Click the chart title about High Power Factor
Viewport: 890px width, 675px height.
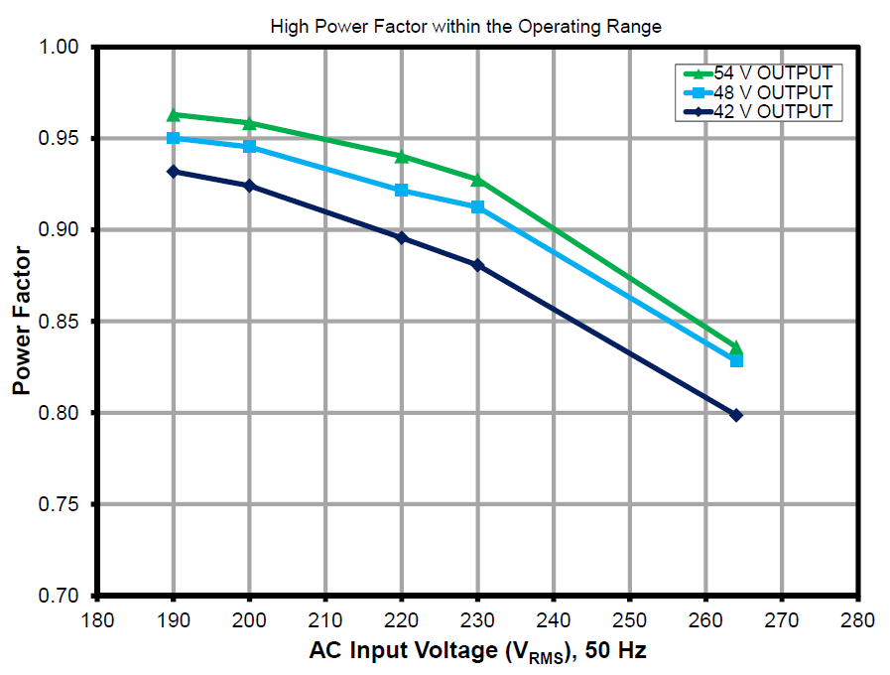pyautogui.click(x=465, y=27)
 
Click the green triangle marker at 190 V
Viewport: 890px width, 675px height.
pyautogui.click(x=174, y=115)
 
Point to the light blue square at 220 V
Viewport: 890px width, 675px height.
pyautogui.click(x=402, y=190)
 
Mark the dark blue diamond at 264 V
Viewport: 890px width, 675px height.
pyautogui.click(x=736, y=415)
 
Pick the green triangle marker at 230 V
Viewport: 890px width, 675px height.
pyautogui.click(x=478, y=181)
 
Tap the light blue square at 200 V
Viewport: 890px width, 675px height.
pyautogui.click(x=250, y=147)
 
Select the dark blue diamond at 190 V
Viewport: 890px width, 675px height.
pyautogui.click(x=174, y=172)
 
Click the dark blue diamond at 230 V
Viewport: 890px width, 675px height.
pyautogui.click(x=478, y=265)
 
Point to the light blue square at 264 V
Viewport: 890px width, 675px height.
pyautogui.click(x=736, y=360)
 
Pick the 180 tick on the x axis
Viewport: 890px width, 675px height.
pyautogui.click(x=97, y=620)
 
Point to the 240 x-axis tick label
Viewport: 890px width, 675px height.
pyautogui.click(x=554, y=620)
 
